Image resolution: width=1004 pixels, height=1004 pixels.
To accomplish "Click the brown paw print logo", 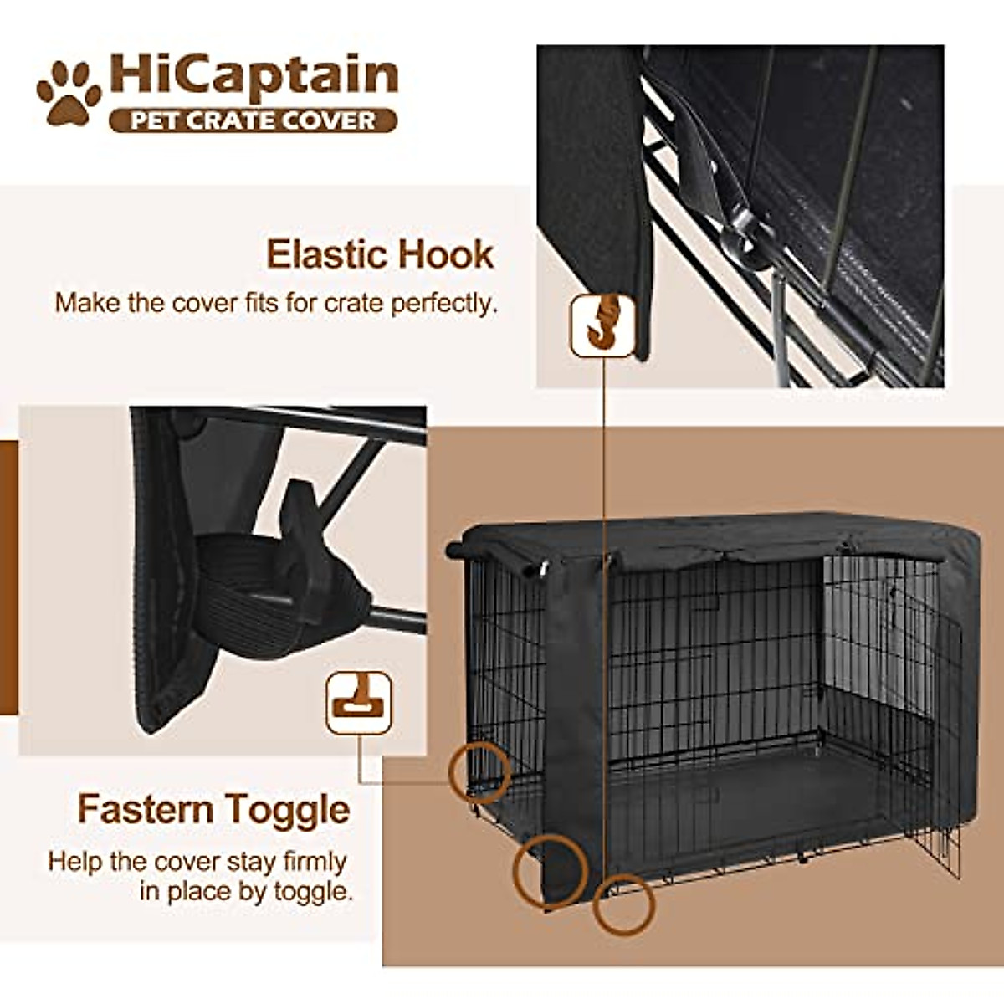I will tap(69, 93).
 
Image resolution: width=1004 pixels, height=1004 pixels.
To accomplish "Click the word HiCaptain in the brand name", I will tap(254, 75).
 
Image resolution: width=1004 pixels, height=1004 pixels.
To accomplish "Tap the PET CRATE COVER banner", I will tap(253, 120).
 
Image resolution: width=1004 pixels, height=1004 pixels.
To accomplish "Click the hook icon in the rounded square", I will tap(602, 325).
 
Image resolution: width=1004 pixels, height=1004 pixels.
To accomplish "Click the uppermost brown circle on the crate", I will tap(479, 771).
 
